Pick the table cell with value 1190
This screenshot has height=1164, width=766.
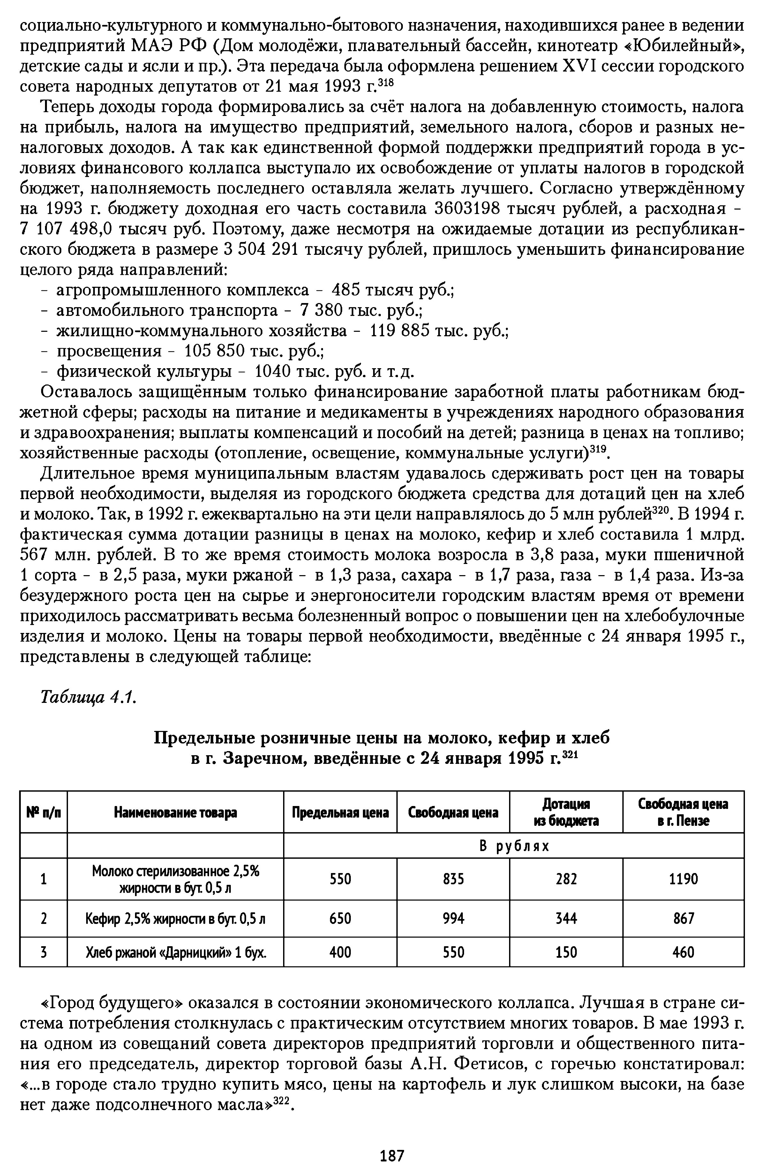coord(683,879)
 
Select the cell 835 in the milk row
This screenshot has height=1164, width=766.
coord(453,879)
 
